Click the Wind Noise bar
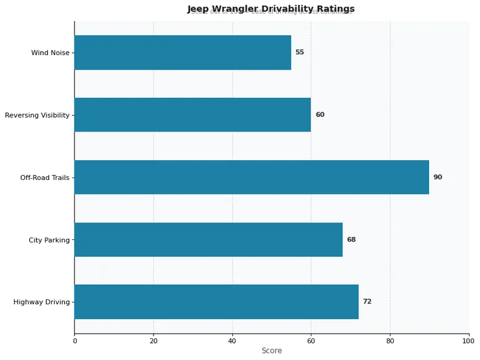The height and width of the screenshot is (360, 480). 182,52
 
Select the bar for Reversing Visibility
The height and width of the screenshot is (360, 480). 192,115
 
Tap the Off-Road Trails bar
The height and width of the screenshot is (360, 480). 251,177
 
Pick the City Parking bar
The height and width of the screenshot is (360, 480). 208,239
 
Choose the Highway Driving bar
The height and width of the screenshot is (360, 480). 216,302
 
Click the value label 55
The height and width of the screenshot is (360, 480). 299,52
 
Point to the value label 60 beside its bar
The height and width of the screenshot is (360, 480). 320,115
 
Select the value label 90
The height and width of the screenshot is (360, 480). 438,177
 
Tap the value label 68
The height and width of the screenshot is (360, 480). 351,239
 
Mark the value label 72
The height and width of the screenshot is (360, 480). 367,302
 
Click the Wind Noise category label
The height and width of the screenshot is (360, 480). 50,53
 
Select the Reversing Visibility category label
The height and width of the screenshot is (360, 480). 37,115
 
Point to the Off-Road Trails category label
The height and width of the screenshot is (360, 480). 45,178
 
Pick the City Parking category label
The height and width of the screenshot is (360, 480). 49,240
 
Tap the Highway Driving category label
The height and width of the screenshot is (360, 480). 41,302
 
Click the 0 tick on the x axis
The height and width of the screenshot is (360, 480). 74,341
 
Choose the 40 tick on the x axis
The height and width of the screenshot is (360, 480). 232,341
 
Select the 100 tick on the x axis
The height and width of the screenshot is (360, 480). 469,341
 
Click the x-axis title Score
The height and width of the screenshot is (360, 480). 271,351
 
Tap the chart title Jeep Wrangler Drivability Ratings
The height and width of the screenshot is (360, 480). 271,8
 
